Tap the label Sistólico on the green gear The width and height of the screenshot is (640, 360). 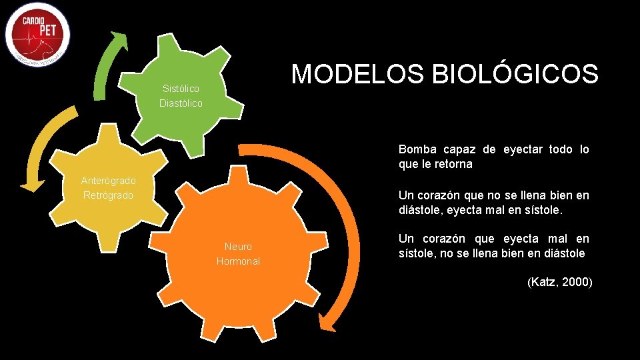coord(181,89)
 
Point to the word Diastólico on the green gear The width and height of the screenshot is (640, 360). coord(181,103)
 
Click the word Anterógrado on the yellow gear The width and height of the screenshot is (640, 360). coord(108,180)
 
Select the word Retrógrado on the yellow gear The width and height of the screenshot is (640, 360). coord(108,195)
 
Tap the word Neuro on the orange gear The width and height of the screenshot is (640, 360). coord(238,247)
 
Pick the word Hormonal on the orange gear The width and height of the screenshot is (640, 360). coord(238,261)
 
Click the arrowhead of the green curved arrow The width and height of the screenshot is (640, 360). coord(120,39)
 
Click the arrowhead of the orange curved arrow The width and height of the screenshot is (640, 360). coord(327,322)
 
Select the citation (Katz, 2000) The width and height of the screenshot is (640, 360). coord(559,282)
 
